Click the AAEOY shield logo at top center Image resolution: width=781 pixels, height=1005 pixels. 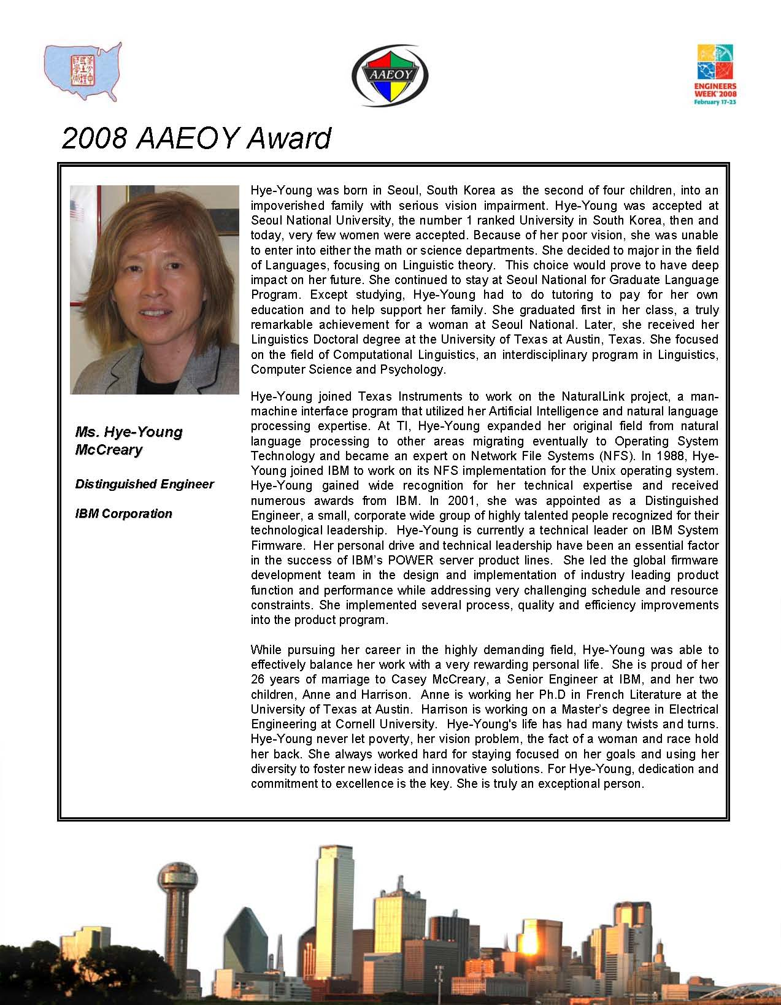point(390,75)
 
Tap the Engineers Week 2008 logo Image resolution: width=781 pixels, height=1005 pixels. point(716,74)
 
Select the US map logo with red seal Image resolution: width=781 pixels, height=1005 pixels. point(83,71)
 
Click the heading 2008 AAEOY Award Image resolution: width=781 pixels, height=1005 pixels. point(196,138)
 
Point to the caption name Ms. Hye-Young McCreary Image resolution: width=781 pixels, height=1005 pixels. point(129,441)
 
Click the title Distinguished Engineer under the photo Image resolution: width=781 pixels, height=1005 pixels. point(144,484)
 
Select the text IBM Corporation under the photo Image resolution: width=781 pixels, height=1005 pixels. point(123,514)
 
